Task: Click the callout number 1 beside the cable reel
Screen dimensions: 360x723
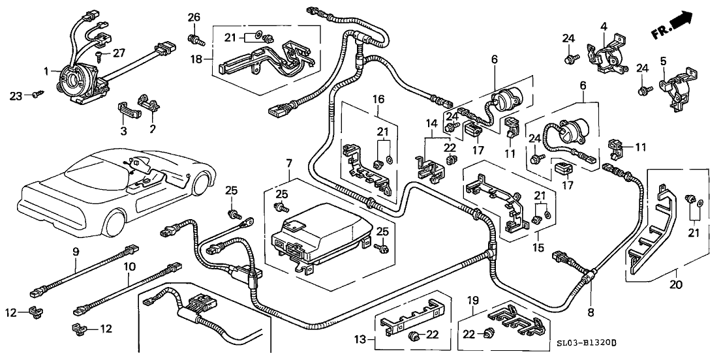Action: pyautogui.click(x=46, y=70)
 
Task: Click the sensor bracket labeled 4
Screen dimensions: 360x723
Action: pyautogui.click(x=607, y=52)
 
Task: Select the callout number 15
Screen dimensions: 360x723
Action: pyautogui.click(x=538, y=248)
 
